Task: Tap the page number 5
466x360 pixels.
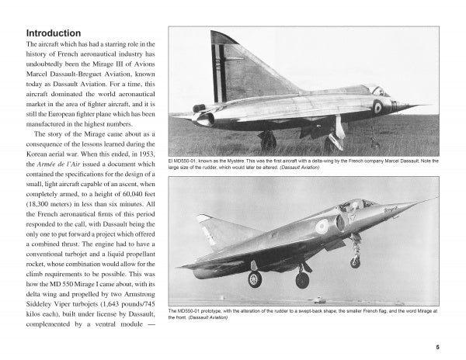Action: [438, 347]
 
